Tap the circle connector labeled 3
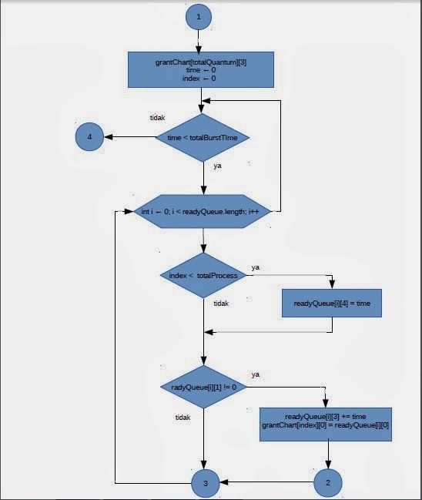tap(205, 483)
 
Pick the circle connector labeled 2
tap(329, 483)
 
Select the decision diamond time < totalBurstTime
tap(203, 138)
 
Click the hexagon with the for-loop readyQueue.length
tap(203, 211)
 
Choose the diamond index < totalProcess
tap(203, 276)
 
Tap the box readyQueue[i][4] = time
tap(332, 304)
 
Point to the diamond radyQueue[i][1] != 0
tap(203, 386)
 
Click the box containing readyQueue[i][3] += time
tap(325, 424)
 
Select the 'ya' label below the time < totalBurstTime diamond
tap(218, 165)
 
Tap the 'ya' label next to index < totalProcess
tap(256, 267)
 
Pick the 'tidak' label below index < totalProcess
tap(221, 303)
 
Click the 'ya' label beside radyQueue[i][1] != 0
tap(256, 374)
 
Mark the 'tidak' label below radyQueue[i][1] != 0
tap(183, 417)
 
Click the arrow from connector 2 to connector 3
tap(266, 483)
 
